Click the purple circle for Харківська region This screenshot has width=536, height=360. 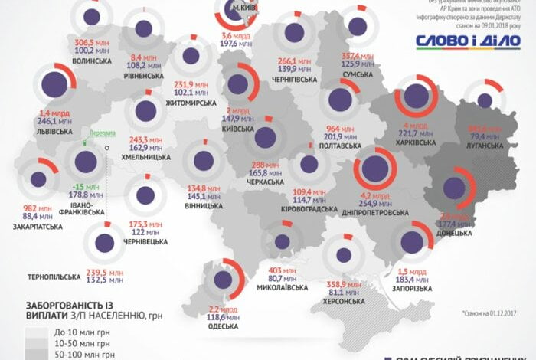[416, 96]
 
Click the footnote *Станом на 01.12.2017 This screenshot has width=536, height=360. [492, 313]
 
